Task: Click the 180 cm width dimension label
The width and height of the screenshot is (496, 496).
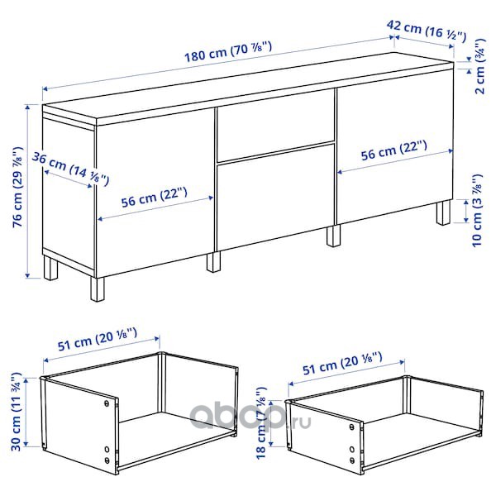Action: coord(228,51)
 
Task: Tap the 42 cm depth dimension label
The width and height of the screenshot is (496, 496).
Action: coord(427,31)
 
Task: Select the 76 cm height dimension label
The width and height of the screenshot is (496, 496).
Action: coord(18,187)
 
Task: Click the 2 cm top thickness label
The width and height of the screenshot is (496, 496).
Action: coord(479,66)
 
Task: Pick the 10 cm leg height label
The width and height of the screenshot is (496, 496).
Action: coord(477,211)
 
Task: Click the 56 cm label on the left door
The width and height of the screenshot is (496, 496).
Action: coord(155,198)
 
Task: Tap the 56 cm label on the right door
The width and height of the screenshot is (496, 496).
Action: coord(393,150)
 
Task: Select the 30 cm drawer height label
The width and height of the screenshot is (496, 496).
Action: coord(16,412)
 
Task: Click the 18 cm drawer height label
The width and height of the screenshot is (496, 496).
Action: coord(261,423)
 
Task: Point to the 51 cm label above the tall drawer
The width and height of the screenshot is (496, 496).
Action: coord(98,340)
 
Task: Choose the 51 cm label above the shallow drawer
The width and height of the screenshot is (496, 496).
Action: coord(342,363)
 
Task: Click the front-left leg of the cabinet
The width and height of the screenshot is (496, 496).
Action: coord(98,289)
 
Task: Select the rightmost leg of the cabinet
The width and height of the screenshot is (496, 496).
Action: coord(443,212)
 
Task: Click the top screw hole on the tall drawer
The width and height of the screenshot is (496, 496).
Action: coord(107,403)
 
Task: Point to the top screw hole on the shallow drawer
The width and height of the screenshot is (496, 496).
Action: coord(352,427)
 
